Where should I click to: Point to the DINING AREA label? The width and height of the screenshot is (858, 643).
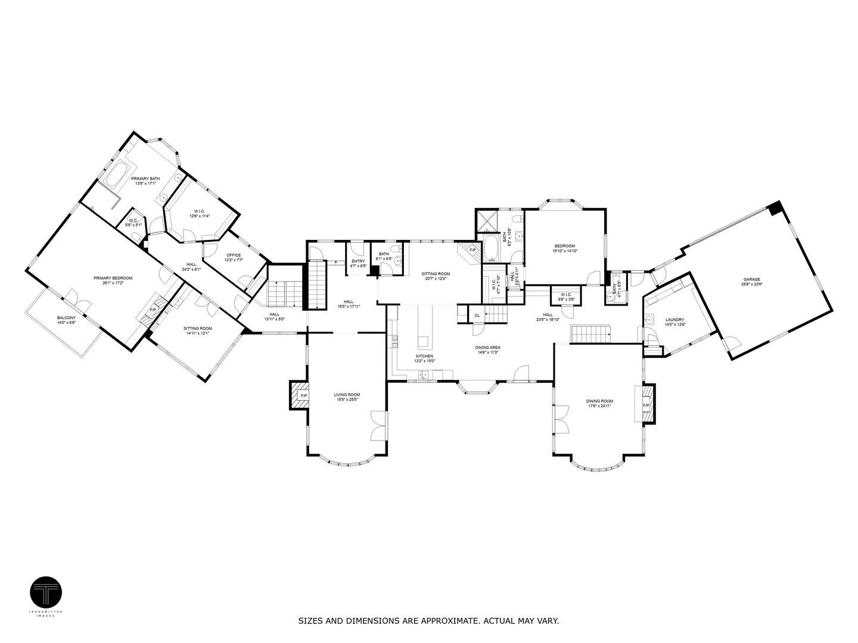point(487,349)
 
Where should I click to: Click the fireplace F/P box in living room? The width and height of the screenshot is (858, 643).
point(300,395)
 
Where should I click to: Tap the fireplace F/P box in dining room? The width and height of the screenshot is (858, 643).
point(646,405)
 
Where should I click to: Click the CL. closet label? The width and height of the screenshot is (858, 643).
point(477,315)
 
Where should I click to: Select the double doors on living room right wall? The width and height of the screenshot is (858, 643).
point(378,425)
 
